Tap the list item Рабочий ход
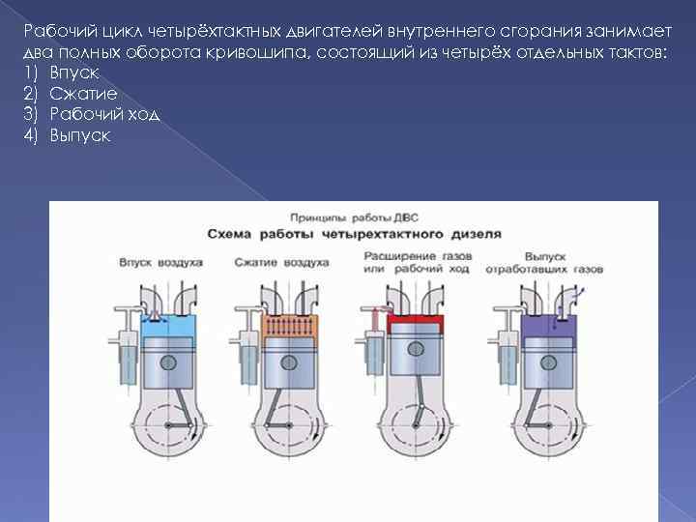(x=103, y=115)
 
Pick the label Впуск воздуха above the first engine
(x=160, y=262)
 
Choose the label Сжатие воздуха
(x=282, y=262)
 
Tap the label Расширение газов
(x=417, y=255)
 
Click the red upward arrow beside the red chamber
(x=373, y=319)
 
